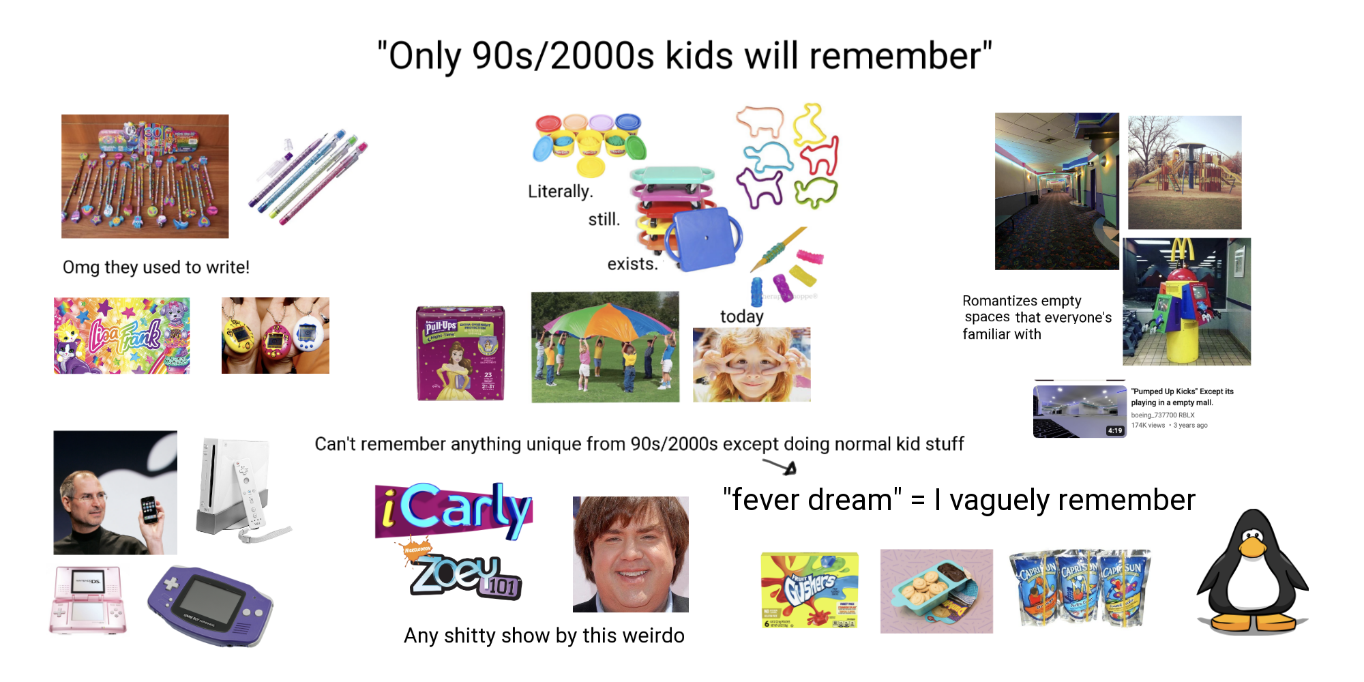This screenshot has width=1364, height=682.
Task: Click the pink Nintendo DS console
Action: (88, 599)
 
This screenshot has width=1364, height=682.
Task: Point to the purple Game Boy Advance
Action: (210, 605)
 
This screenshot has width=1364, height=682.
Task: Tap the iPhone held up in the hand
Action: (149, 511)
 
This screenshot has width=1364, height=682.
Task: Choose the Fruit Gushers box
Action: (810, 590)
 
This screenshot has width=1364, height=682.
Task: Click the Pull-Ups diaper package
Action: (461, 353)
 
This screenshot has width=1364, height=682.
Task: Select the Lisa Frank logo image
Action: (122, 336)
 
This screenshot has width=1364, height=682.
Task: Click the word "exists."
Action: (632, 264)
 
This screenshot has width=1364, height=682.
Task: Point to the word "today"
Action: (741, 316)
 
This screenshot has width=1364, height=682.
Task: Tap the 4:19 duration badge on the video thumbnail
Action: (1114, 430)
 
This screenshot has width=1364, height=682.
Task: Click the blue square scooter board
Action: (704, 238)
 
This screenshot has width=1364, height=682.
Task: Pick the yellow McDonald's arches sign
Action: (1181, 250)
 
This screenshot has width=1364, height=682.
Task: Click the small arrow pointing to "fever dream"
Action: (780, 467)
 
